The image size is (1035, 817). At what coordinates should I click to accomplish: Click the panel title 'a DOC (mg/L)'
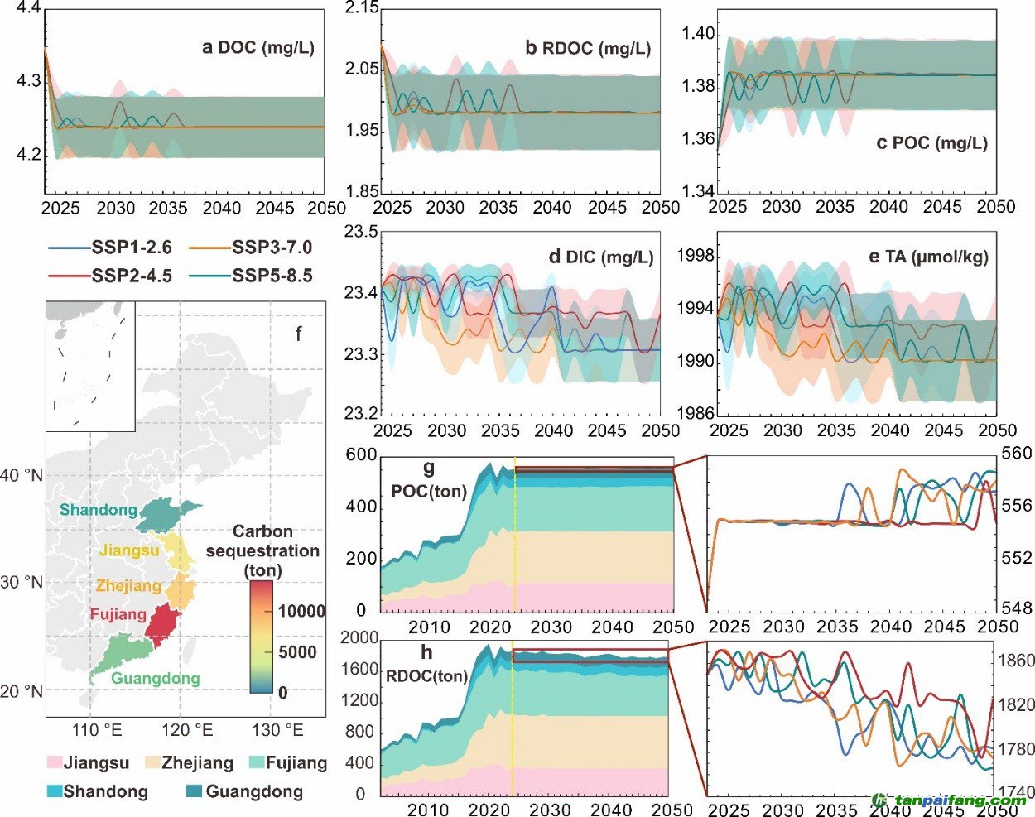(x=258, y=47)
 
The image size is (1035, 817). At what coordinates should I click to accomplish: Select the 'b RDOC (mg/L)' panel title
(x=588, y=48)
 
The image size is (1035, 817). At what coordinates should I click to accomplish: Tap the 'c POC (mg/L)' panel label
(x=931, y=142)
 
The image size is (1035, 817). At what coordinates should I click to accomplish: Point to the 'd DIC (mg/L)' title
(x=600, y=257)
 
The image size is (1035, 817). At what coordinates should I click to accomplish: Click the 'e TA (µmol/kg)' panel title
(x=928, y=257)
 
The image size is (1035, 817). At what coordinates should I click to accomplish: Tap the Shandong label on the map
(x=98, y=510)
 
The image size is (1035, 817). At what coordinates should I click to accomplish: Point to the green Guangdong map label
(x=155, y=680)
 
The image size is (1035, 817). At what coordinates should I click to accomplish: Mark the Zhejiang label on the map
(x=128, y=586)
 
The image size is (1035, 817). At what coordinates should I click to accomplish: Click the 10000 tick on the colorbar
(x=301, y=612)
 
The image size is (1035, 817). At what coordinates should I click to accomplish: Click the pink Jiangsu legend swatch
(x=55, y=762)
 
